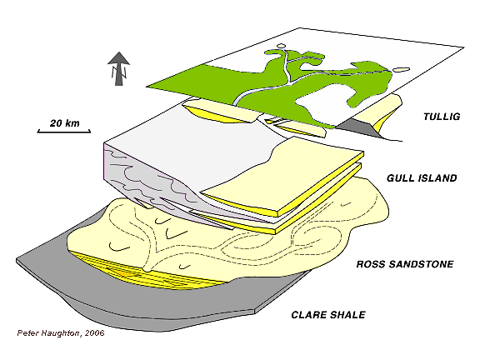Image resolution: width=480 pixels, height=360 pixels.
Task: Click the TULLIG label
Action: point(442,117)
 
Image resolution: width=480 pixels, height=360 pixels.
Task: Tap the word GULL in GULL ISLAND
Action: point(401,177)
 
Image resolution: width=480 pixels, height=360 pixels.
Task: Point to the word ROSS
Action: point(371,264)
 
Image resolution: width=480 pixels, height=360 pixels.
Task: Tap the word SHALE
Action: point(347,315)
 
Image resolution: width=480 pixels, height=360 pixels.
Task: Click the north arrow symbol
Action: point(119,68)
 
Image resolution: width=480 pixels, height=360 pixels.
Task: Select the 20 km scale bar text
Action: point(65,123)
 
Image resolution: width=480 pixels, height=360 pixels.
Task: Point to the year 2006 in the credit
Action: point(95,333)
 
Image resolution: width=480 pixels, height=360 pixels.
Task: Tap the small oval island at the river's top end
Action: point(282,46)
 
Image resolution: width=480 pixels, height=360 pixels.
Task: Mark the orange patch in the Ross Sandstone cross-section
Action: point(122,272)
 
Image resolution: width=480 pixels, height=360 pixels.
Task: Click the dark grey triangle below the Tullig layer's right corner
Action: point(359,128)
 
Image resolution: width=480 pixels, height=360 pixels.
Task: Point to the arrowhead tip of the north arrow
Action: point(119,52)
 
